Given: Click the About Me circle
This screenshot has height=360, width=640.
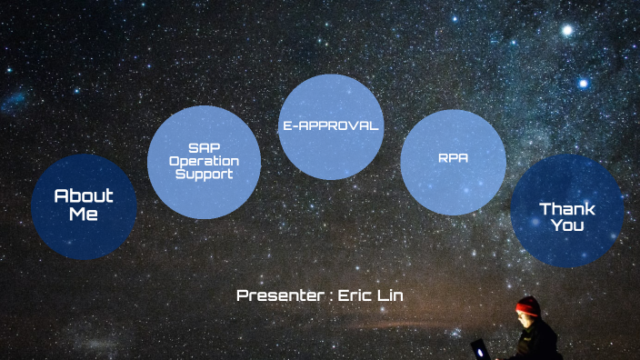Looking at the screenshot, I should pyautogui.click(x=84, y=206).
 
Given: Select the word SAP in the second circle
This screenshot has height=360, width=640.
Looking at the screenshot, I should pyautogui.click(x=204, y=146).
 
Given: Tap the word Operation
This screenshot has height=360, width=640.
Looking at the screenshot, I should pyautogui.click(x=204, y=160).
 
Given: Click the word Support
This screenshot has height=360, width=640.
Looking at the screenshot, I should pyautogui.click(x=204, y=173).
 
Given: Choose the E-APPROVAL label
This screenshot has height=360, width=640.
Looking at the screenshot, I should pyautogui.click(x=330, y=126).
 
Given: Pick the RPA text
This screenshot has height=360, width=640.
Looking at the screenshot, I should pyautogui.click(x=453, y=158).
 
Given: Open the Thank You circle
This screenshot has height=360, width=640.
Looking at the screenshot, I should pyautogui.click(x=566, y=211).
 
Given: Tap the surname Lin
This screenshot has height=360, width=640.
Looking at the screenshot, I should pyautogui.click(x=391, y=295).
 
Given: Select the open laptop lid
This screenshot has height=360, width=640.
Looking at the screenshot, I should pyautogui.click(x=478, y=348).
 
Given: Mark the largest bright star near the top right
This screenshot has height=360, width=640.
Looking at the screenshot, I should pyautogui.click(x=568, y=30).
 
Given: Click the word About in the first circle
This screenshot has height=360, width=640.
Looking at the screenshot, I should pyautogui.click(x=84, y=195).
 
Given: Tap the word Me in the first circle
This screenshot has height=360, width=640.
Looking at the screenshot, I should pyautogui.click(x=84, y=215).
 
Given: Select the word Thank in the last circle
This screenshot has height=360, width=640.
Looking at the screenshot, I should pyautogui.click(x=567, y=209).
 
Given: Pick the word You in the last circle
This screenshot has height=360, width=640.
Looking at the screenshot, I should pyautogui.click(x=567, y=225).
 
